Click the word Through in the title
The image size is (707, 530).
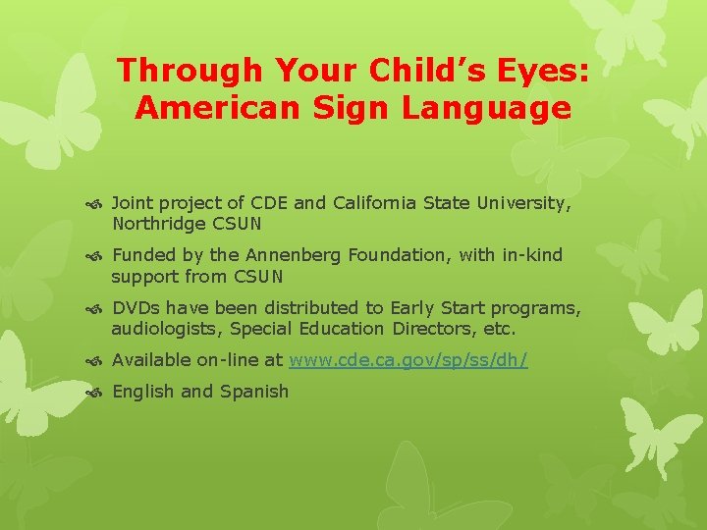pyautogui.click(x=174, y=71)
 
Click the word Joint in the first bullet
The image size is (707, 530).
pyautogui.click(x=134, y=203)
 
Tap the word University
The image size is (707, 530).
pyautogui.click(x=523, y=203)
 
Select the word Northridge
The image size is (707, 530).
pyautogui.click(x=158, y=223)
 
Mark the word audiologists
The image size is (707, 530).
pyautogui.click(x=167, y=328)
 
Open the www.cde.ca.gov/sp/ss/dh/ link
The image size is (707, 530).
pyautogui.click(x=408, y=360)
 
